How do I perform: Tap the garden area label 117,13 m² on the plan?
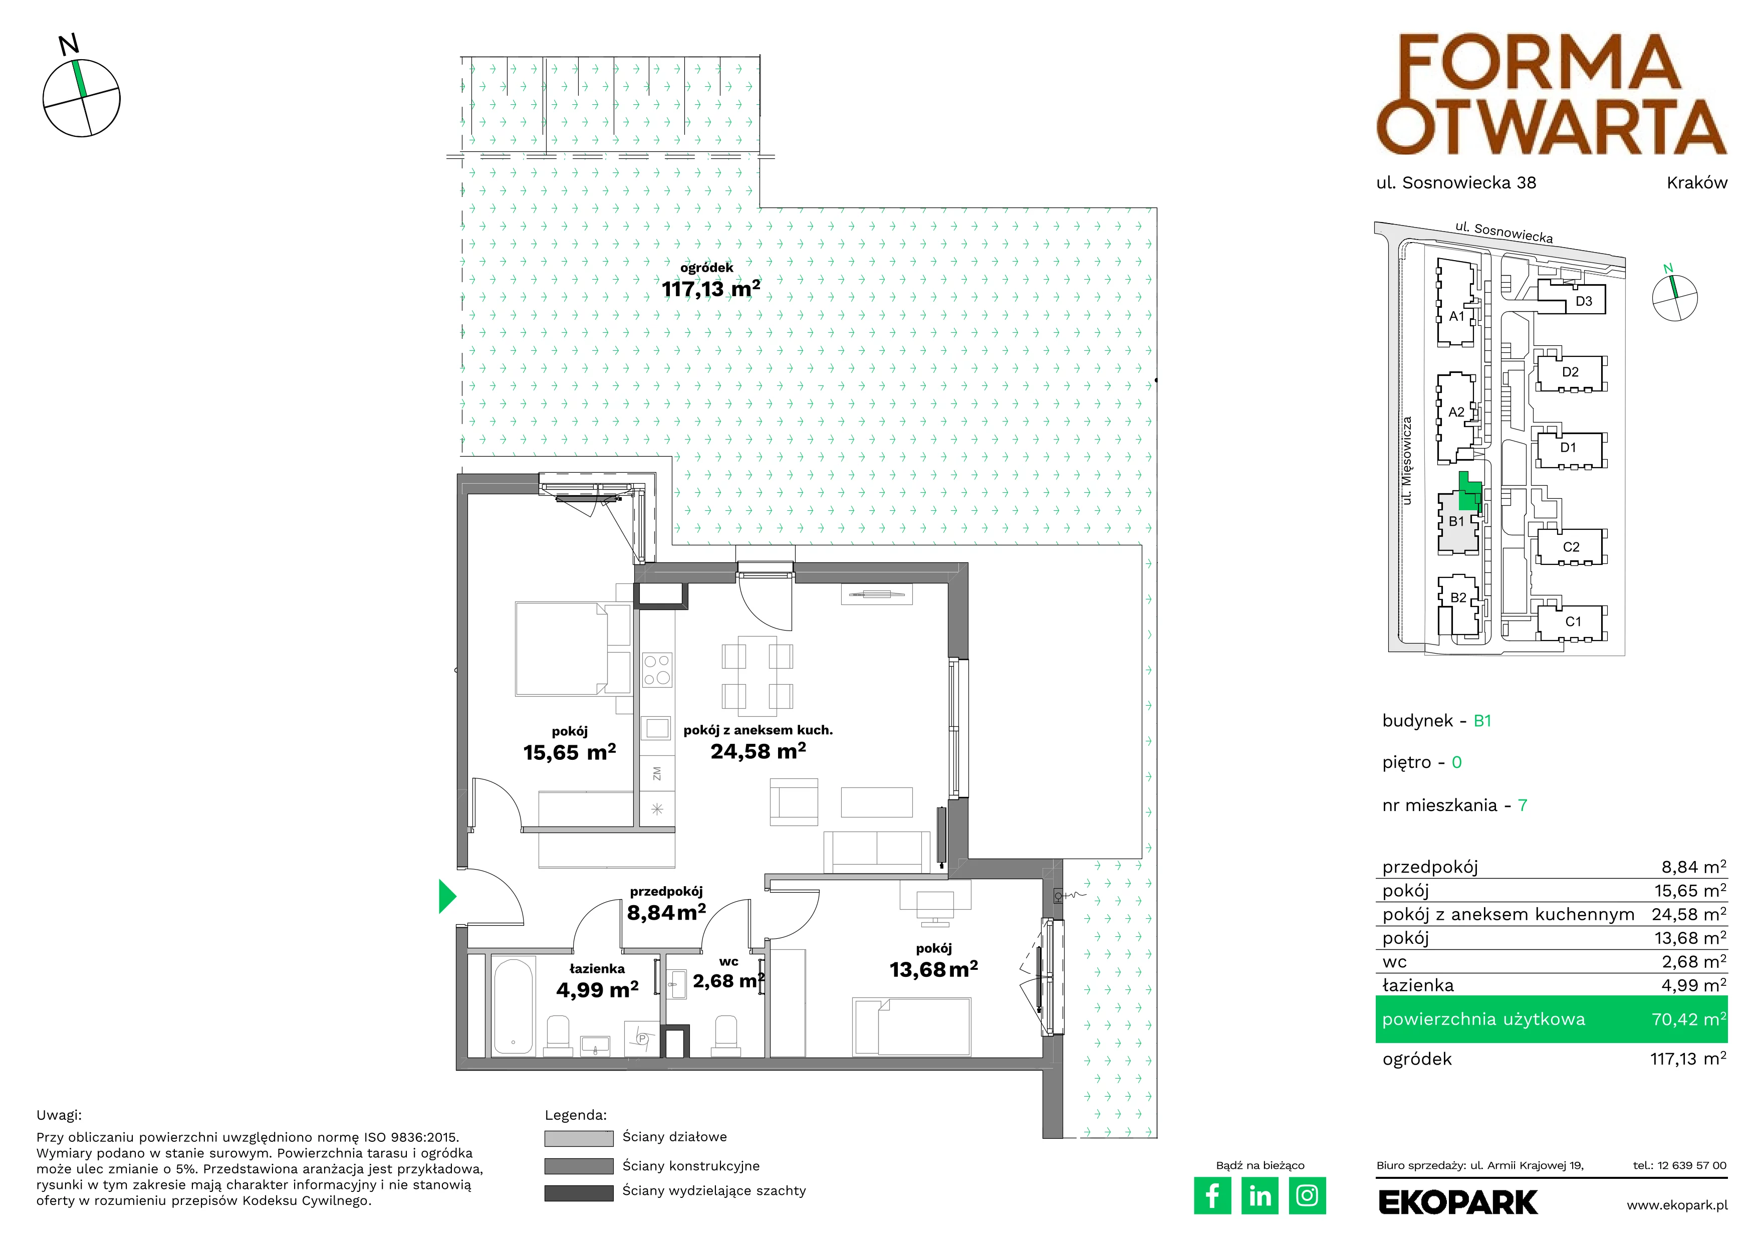[711, 289]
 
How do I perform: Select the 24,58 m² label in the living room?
[758, 752]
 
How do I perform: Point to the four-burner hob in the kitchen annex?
[657, 669]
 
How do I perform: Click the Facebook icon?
[1212, 1195]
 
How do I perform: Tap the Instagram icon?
[1307, 1195]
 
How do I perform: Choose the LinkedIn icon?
[1260, 1195]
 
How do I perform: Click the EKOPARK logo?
[1458, 1202]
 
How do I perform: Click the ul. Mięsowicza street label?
[1406, 460]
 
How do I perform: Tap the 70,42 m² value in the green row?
[1689, 1019]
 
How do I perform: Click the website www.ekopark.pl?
[1677, 1205]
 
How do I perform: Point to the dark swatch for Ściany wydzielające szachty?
[579, 1192]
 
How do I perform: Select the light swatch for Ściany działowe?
[579, 1138]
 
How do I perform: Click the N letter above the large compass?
[69, 45]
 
